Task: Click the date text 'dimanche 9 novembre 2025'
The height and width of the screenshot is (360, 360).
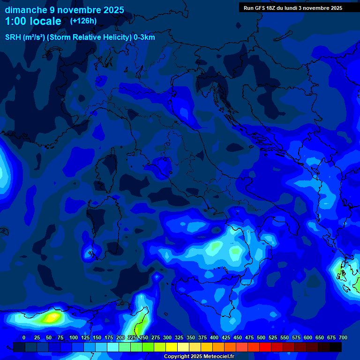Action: pos(64,10)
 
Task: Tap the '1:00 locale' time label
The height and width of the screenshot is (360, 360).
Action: pos(33,21)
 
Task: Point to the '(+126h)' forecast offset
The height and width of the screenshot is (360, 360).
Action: pos(83,21)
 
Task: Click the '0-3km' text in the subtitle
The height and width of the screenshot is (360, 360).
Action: pos(144,37)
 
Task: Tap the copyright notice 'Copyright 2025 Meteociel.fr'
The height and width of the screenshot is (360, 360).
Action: pos(199,356)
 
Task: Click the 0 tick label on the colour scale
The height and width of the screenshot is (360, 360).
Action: pos(24,337)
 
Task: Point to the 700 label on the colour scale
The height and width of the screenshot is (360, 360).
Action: pos(343,337)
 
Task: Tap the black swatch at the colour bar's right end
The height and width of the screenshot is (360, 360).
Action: pos(336,347)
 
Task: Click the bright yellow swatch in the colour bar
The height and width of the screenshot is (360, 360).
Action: pos(172,347)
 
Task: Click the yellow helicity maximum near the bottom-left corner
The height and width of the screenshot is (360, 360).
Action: pos(49,317)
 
